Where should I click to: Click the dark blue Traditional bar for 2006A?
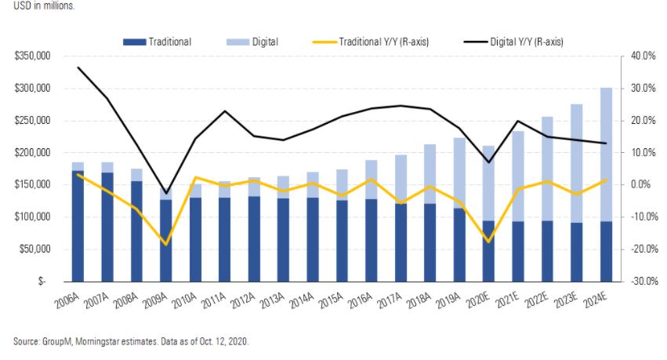[78, 226]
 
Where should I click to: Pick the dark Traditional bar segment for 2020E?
[488, 250]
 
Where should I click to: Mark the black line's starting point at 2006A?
[78, 67]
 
